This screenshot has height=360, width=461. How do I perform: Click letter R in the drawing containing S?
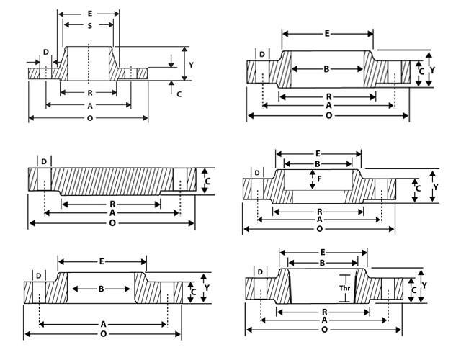tap(89, 93)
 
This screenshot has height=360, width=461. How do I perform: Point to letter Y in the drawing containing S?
tap(191, 65)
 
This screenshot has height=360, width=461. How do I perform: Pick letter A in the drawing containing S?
tap(89, 105)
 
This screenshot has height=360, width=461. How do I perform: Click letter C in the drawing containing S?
tap(179, 94)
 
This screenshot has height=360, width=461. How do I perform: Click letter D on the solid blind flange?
tap(45, 161)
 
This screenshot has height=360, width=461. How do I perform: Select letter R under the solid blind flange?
tap(112, 204)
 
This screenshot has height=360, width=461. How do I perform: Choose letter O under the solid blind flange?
tap(112, 225)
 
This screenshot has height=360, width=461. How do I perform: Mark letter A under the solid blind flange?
tap(112, 214)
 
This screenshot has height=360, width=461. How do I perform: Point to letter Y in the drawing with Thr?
tap(424, 284)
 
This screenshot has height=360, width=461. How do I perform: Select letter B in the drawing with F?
tap(318, 163)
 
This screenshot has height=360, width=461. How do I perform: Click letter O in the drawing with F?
tap(319, 229)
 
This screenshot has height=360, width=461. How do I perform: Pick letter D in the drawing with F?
tap(257, 173)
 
